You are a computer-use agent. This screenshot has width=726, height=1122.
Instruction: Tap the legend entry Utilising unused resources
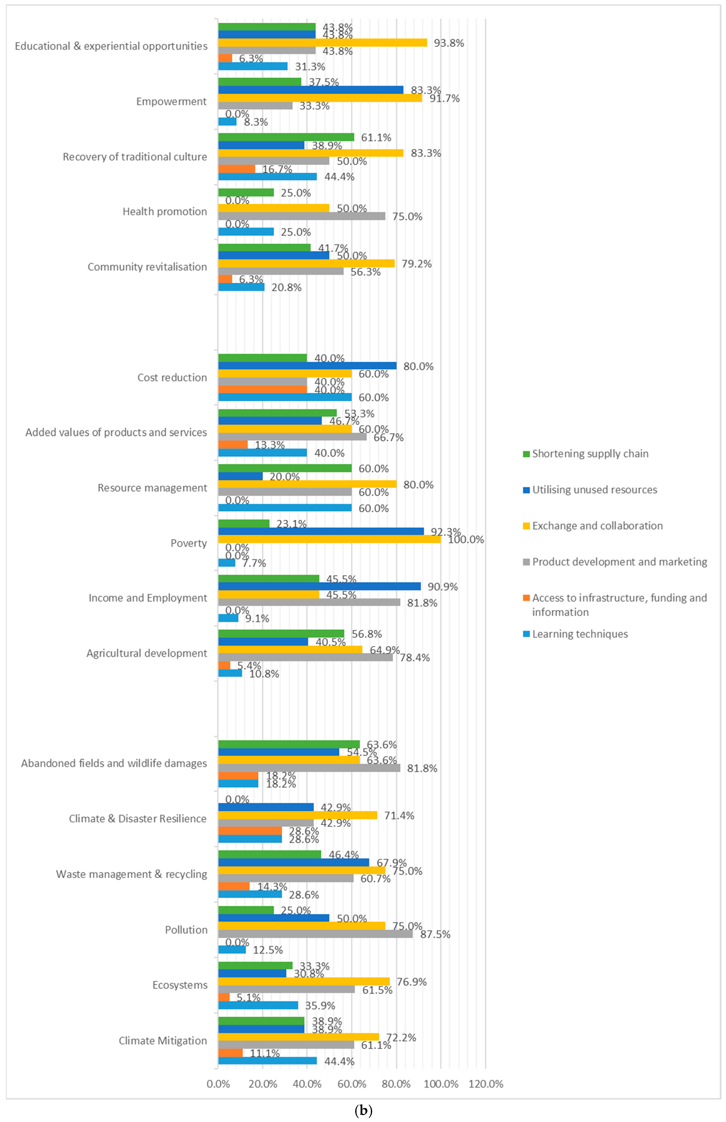[x=594, y=490]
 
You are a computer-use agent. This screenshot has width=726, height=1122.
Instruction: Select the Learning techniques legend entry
[x=579, y=634]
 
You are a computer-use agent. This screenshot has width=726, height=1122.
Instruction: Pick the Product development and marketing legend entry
[x=619, y=562]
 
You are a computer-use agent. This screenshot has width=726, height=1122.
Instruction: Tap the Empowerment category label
[x=171, y=101]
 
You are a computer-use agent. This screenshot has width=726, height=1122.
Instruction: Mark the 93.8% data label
[x=449, y=43]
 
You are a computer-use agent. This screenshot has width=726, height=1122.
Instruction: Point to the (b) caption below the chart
[x=363, y=1110]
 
